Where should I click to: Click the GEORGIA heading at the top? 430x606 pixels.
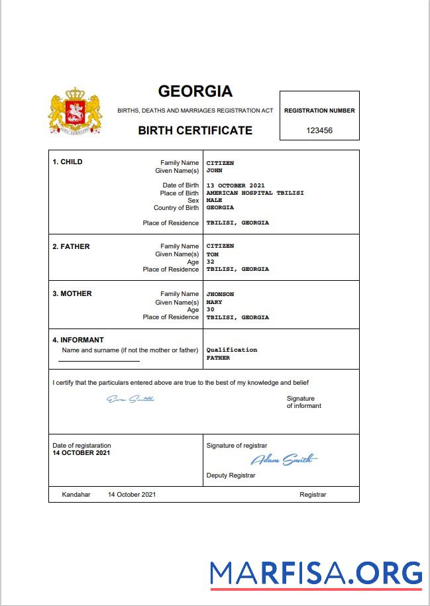click(x=195, y=91)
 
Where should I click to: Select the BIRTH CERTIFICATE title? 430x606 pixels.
click(x=195, y=130)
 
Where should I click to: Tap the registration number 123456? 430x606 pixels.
click(x=319, y=130)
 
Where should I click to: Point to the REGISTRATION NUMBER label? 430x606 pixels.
click(x=319, y=111)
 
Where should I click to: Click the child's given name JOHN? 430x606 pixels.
click(x=214, y=170)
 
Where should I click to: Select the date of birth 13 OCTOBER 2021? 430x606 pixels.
click(x=235, y=185)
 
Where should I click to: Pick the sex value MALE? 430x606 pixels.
click(x=214, y=200)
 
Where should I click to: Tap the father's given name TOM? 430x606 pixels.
click(x=212, y=254)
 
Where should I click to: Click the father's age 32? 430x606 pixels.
click(x=210, y=262)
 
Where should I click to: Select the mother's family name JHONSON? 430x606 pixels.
click(x=220, y=294)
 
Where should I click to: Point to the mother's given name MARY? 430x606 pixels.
click(x=214, y=302)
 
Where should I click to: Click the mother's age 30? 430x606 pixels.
click(x=210, y=309)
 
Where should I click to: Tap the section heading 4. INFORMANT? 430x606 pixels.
click(x=78, y=340)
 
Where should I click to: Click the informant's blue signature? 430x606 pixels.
click(x=131, y=399)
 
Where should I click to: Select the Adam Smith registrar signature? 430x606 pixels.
click(x=284, y=460)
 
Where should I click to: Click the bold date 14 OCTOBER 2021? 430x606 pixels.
click(x=81, y=453)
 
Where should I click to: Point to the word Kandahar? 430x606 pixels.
click(x=76, y=495)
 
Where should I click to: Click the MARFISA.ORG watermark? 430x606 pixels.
click(x=316, y=573)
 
